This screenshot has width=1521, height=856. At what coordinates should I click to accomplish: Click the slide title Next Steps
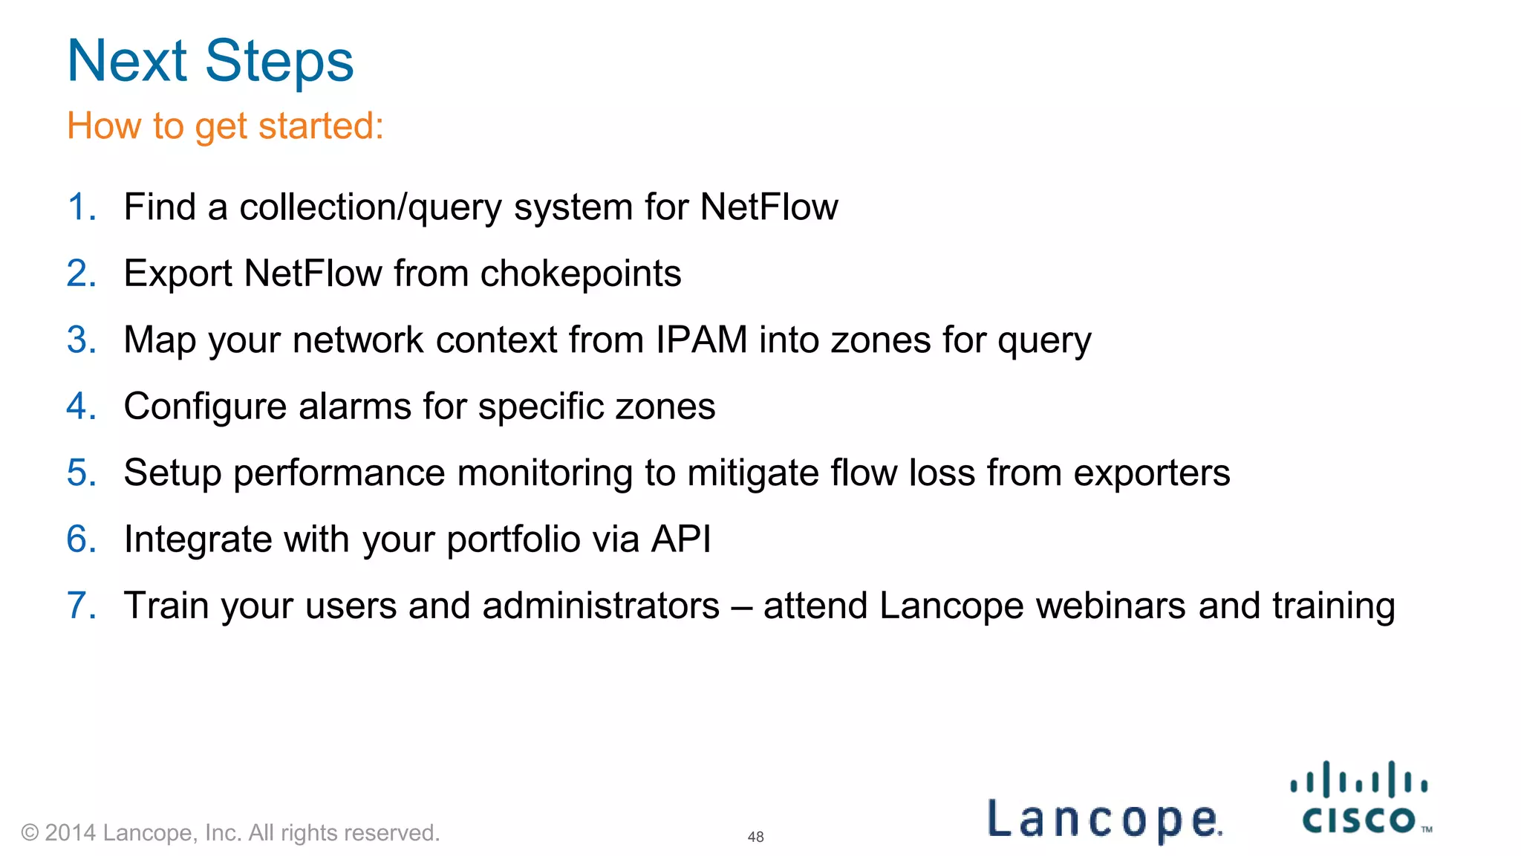tap(210, 61)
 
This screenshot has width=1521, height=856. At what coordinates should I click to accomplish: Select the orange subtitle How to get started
tap(225, 126)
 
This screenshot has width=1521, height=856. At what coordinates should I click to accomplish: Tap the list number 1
tap(80, 207)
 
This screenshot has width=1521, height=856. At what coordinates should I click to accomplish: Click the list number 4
tap(80, 406)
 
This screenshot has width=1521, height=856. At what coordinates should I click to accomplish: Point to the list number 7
tap(80, 606)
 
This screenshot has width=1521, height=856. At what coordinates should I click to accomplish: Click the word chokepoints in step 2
tap(581, 273)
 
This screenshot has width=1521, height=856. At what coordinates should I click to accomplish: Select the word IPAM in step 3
tap(701, 340)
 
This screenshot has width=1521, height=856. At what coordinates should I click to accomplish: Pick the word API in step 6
tap(681, 539)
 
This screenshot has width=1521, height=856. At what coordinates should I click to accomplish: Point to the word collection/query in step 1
tap(371, 207)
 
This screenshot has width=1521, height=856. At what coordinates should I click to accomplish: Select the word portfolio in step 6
tap(513, 539)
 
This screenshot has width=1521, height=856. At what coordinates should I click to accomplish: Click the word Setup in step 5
tap(172, 473)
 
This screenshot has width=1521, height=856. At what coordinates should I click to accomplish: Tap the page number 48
tap(755, 837)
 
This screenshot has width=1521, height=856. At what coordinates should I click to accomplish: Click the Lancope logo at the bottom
tap(1104, 820)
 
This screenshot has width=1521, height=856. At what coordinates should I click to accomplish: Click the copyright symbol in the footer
tap(30, 833)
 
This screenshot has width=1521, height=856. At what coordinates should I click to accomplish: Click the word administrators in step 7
tap(601, 606)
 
